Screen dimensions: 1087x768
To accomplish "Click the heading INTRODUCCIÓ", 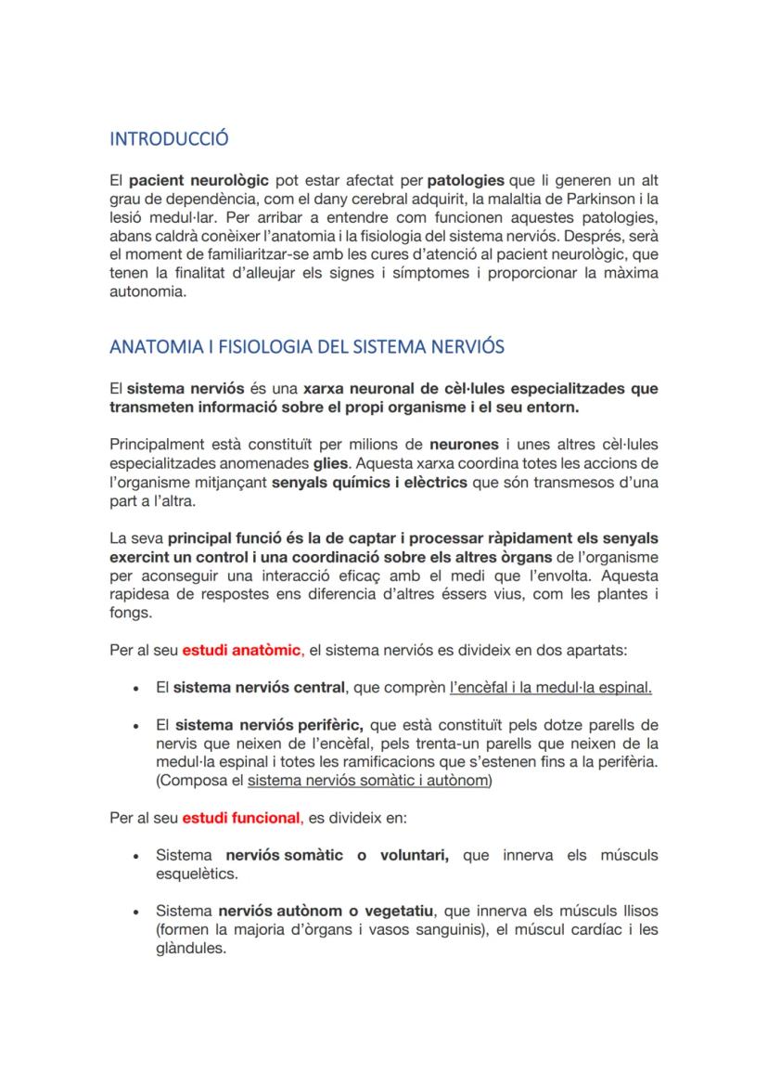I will click(x=169, y=139).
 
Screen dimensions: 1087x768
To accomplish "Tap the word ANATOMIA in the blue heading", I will click(x=149, y=347).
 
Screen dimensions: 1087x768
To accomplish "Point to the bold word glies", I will click(x=331, y=462).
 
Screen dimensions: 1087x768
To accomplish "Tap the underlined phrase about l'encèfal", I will click(x=550, y=688).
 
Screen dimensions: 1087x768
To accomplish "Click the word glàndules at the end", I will click(x=191, y=949).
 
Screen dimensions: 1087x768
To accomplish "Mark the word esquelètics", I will click(x=197, y=874).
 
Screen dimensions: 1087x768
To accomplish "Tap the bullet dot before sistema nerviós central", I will click(x=136, y=689).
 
